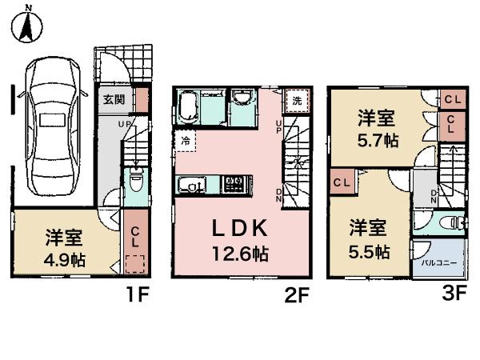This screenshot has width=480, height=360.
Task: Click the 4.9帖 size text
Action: click(x=66, y=260)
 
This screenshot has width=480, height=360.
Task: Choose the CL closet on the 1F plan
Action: click(x=135, y=237)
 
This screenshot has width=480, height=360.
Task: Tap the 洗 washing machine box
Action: click(x=296, y=102)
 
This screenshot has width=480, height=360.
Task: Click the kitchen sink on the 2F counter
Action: click(x=193, y=186)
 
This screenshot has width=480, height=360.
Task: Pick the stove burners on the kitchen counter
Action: click(x=235, y=185)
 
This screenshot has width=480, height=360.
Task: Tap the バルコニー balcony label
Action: click(x=427, y=262)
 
